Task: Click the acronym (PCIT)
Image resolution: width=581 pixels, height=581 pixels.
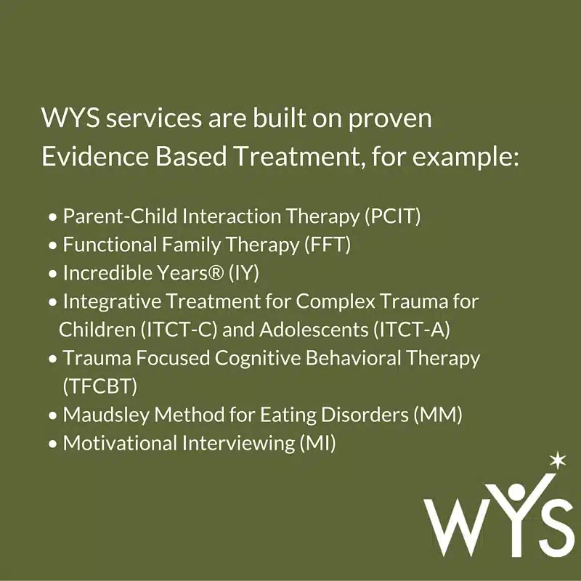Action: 393,216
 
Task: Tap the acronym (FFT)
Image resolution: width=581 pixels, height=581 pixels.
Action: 328,245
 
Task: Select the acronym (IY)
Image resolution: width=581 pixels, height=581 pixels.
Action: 244,273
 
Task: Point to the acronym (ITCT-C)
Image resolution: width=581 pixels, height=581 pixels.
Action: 179,330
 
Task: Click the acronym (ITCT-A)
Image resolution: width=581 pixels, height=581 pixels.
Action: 412,330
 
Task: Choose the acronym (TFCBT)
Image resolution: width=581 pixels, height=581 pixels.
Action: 100,386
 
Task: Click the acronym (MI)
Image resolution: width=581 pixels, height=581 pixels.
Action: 317,443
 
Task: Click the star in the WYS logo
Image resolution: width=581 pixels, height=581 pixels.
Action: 558,460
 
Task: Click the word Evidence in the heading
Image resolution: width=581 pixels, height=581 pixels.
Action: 95,156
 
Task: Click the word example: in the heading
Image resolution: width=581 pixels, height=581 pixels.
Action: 466,158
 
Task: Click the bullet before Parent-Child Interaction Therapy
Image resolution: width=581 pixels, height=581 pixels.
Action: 53,217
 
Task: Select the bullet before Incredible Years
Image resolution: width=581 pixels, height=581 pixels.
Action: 53,275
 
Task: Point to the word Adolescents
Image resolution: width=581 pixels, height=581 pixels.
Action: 314,330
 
